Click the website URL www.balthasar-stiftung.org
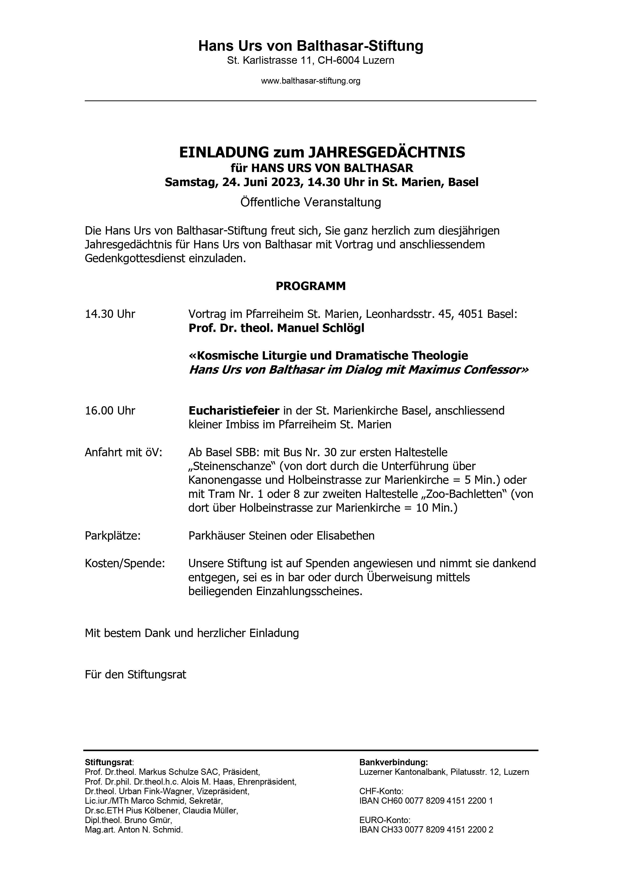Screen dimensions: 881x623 click(311, 81)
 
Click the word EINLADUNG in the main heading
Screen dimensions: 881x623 click(224, 152)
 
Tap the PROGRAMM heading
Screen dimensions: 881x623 click(311, 286)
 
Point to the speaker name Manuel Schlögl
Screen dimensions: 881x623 click(320, 328)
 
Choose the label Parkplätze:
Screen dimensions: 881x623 click(113, 536)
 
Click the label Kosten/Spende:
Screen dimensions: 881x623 click(125, 563)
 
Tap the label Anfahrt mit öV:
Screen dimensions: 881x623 click(124, 452)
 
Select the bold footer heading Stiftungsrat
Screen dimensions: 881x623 click(109, 762)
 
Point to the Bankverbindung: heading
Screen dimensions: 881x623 click(393, 762)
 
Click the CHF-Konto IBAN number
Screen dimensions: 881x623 click(426, 801)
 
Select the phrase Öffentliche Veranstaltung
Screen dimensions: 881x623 click(311, 202)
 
